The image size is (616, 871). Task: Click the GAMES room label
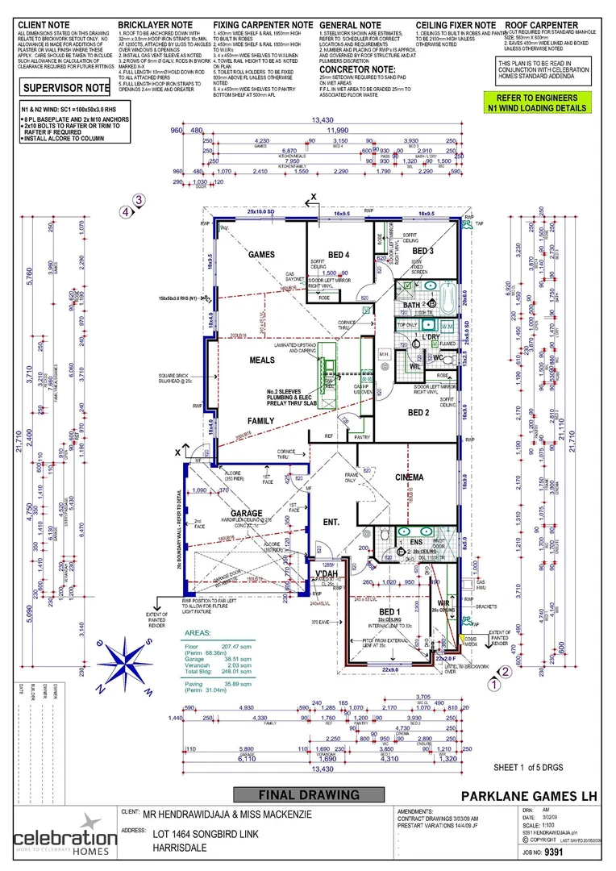click(262, 254)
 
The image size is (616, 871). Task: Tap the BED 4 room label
click(339, 256)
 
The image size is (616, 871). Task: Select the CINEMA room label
click(409, 477)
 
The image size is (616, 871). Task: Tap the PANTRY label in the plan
click(361, 436)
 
